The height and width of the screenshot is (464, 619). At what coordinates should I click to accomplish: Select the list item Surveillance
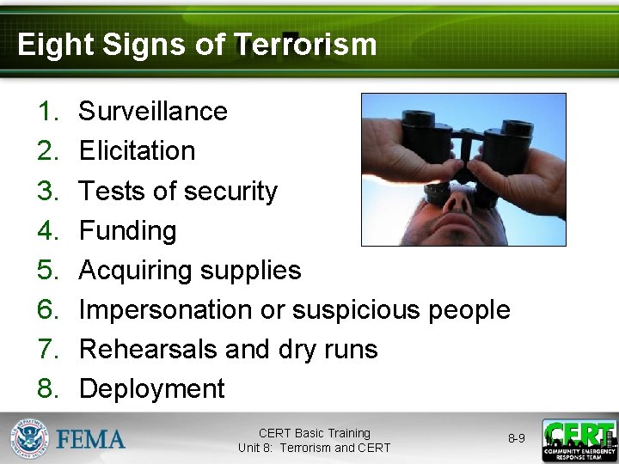point(153,111)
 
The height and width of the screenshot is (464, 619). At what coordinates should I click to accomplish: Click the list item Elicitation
point(137,150)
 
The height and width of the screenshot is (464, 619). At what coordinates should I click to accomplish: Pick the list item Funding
point(127,230)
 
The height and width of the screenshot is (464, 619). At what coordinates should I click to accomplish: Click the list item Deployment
point(151,388)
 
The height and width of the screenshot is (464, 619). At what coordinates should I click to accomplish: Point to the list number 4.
point(46,230)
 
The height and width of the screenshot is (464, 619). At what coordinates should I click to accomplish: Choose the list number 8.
point(46,388)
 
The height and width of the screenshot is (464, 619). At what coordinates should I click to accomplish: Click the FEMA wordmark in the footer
point(91,440)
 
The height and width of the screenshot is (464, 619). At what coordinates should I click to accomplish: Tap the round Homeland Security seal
point(30,439)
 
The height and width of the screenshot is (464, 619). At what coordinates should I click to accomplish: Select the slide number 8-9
point(516,438)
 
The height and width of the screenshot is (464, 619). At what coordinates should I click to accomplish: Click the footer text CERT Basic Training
point(314,433)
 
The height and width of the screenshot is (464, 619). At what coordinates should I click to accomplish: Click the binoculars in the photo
point(464,142)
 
